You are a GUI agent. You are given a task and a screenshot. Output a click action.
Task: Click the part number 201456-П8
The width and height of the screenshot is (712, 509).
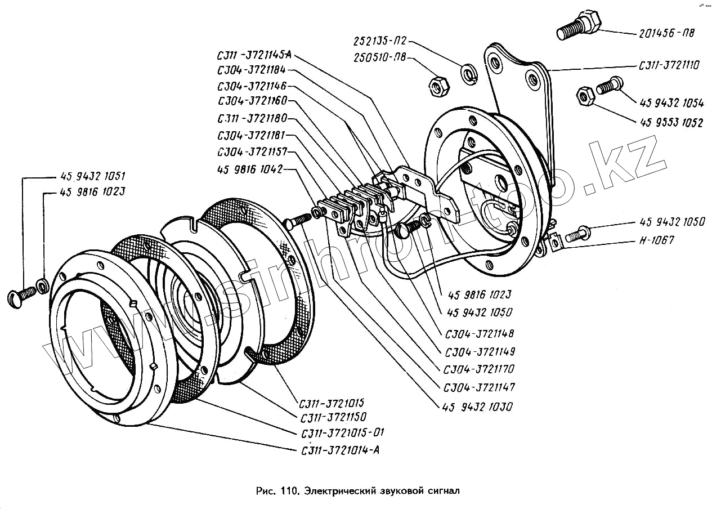click(666, 33)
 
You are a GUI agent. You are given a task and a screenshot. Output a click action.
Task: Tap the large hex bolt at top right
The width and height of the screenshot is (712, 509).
click(580, 25)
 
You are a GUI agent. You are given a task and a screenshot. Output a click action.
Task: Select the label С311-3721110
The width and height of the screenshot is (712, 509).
click(669, 66)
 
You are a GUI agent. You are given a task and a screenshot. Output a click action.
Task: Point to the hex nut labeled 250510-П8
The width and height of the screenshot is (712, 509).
click(438, 86)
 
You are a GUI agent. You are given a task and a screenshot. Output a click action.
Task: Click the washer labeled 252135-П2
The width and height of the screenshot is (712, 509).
click(468, 73)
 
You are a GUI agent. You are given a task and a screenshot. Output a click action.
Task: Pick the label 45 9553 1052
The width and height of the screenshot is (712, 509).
click(671, 123)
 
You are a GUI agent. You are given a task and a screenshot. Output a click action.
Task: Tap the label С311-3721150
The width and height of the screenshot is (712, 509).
click(333, 417)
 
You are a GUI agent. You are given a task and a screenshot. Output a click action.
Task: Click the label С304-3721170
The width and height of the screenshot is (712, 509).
click(479, 369)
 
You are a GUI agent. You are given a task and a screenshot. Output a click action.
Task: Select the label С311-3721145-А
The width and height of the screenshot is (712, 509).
click(254, 56)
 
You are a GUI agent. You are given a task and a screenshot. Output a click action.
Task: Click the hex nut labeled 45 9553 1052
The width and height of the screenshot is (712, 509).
click(585, 96)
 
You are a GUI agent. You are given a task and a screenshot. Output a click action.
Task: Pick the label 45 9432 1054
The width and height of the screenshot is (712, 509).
click(671, 102)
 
